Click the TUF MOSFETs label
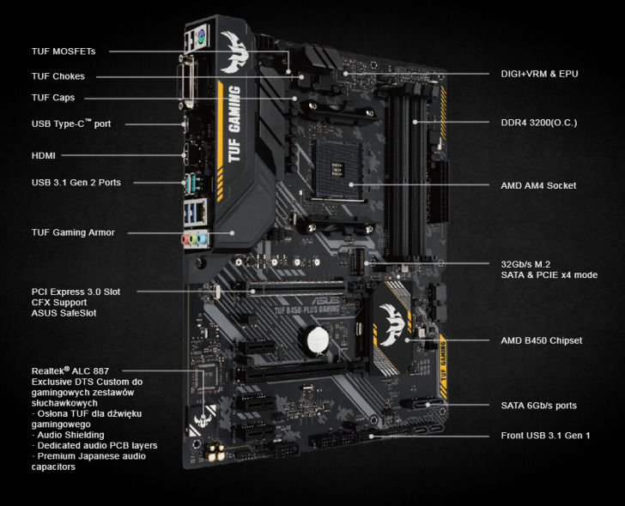point(64,51)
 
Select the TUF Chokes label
point(58,76)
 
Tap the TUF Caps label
point(52,98)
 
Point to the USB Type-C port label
point(71,123)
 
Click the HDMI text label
point(44,155)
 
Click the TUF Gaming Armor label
point(73,232)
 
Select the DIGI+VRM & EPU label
point(539,74)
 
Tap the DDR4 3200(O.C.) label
point(538,123)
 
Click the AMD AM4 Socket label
point(538,185)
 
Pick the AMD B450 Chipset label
point(541,340)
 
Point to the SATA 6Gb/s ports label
point(538,405)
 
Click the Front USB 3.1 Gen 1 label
point(545,436)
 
